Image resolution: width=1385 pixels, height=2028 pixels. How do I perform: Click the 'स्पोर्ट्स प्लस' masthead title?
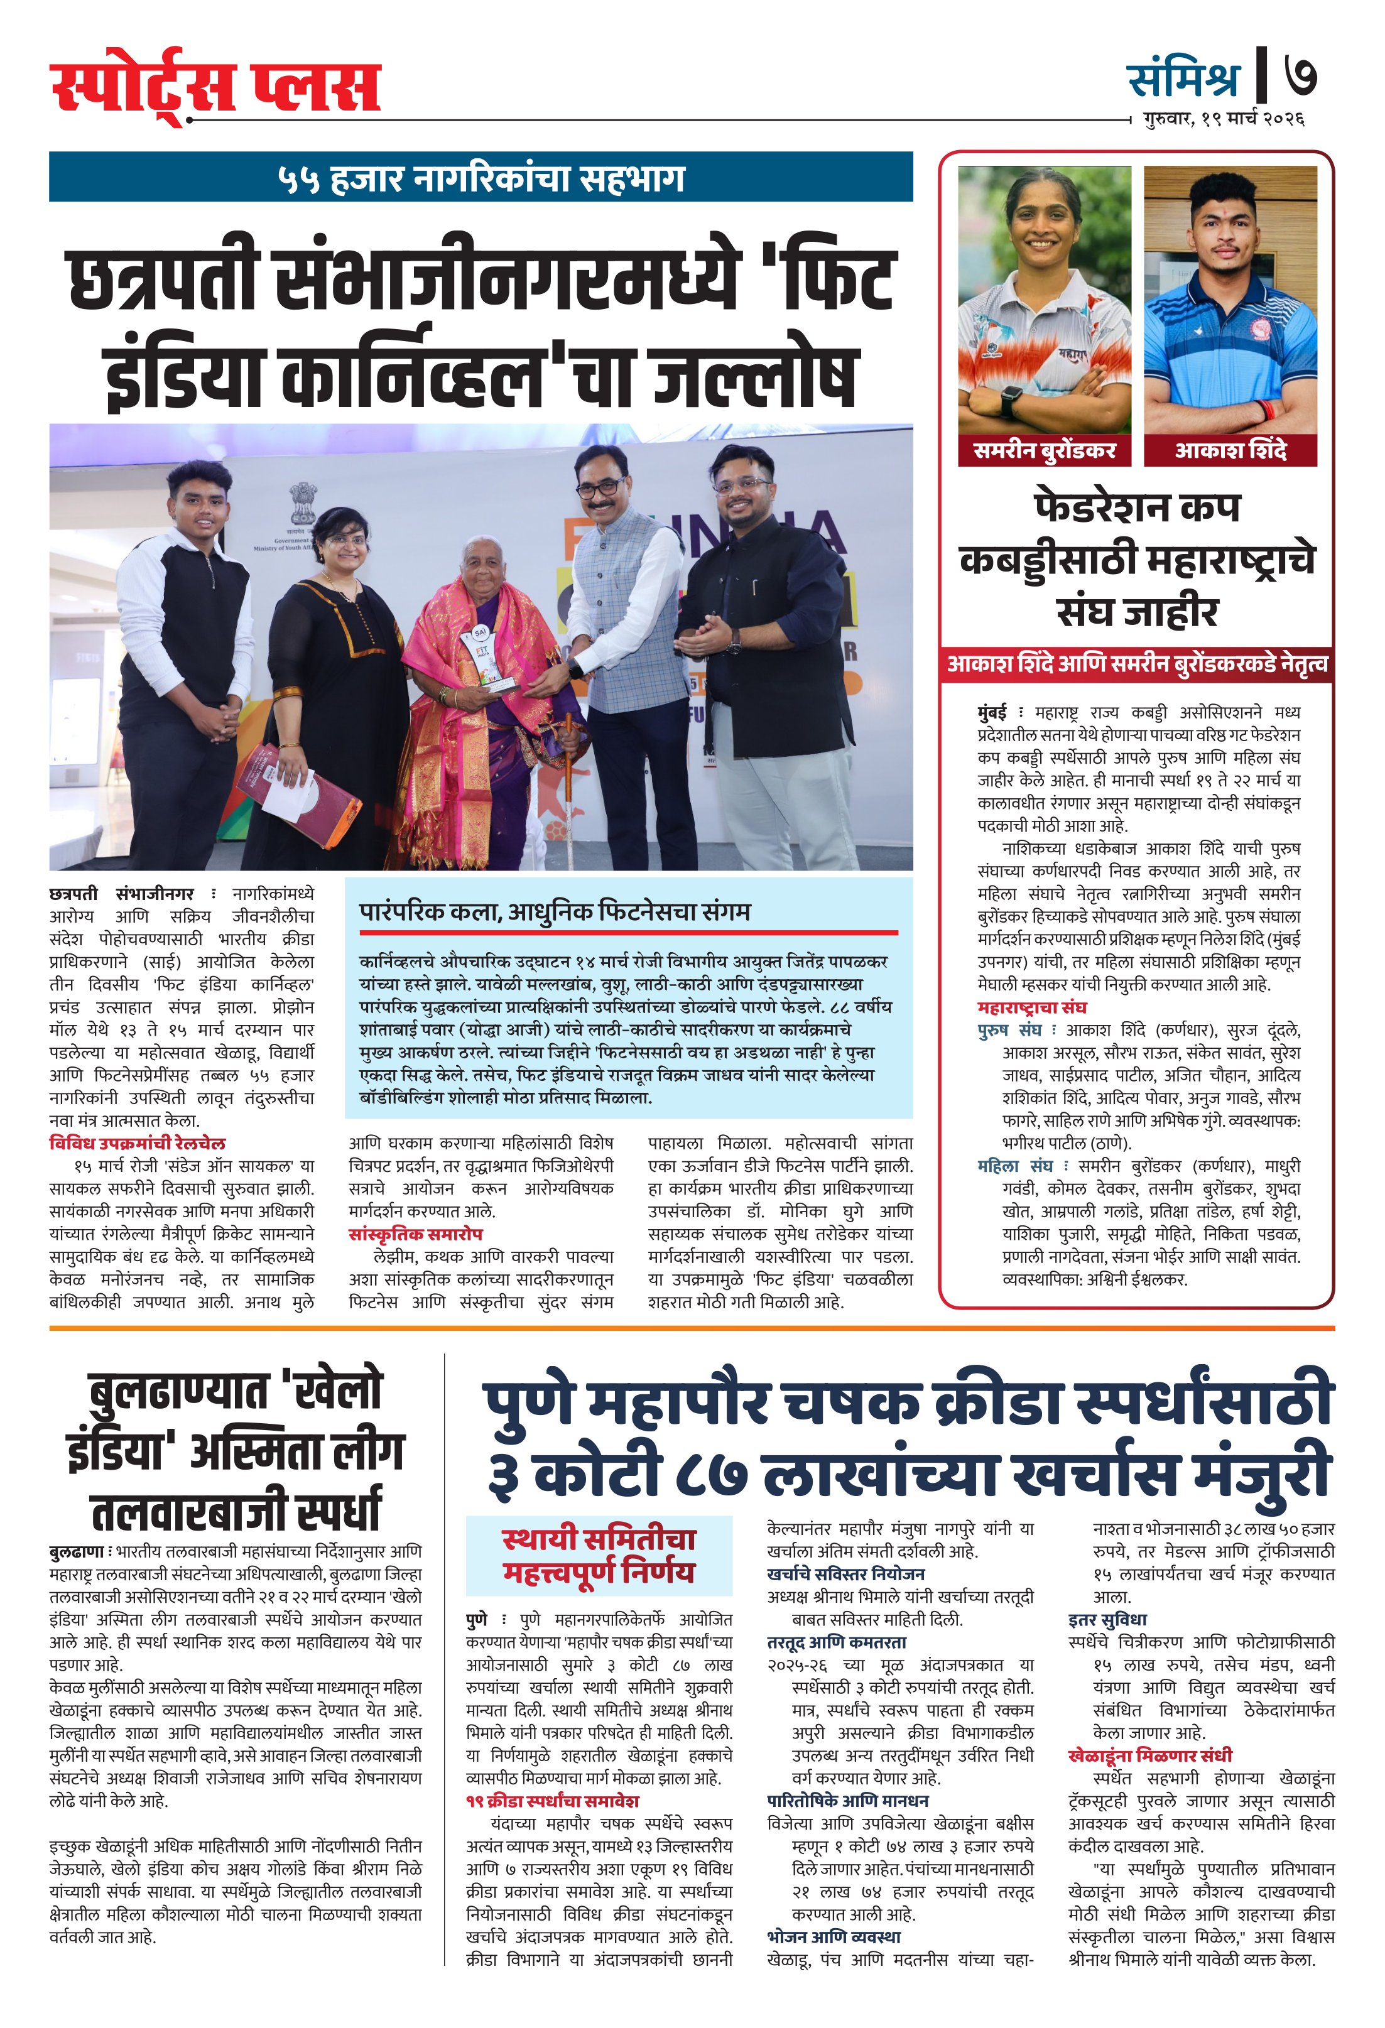point(215,88)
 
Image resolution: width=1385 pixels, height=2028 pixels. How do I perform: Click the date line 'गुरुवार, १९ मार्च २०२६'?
point(1224,118)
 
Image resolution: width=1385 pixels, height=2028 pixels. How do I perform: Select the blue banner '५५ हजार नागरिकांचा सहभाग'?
point(481,178)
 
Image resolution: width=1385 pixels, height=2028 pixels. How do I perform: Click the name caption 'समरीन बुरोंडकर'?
point(1044,450)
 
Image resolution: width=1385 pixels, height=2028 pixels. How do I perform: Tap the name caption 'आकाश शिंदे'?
point(1230,450)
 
